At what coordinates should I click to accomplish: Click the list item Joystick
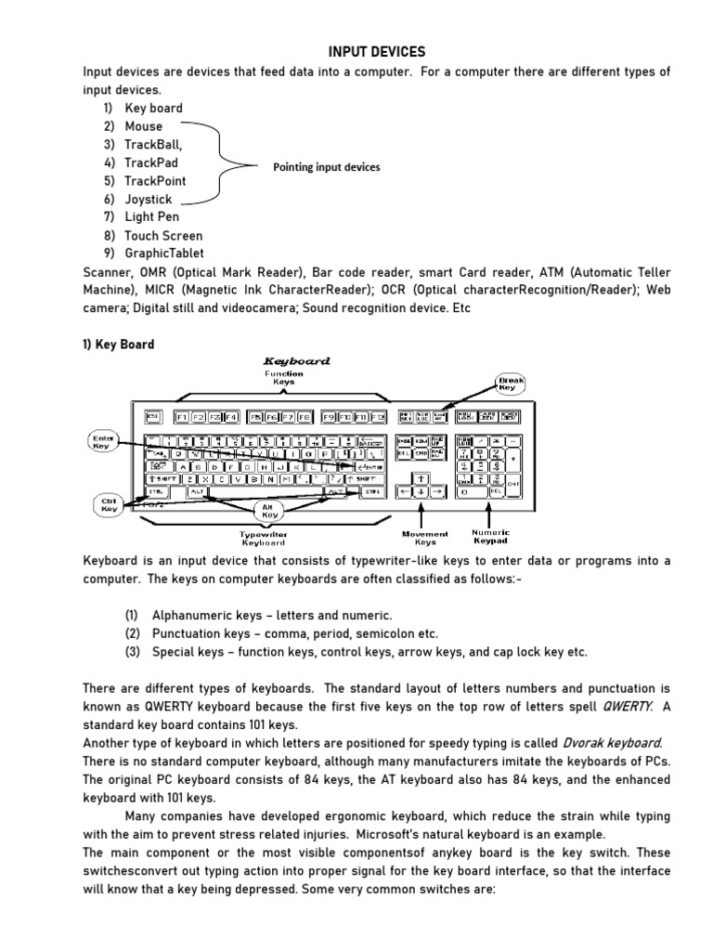(149, 199)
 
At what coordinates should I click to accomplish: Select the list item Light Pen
(152, 216)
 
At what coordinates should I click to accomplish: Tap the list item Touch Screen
(163, 235)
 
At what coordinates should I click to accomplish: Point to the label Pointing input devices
(326, 167)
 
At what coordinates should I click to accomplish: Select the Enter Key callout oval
(101, 440)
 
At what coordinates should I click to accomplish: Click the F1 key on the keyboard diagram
(181, 416)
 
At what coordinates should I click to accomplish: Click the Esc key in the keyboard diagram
(153, 416)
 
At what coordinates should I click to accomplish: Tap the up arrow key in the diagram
(422, 477)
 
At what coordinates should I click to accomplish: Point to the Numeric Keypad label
(491, 536)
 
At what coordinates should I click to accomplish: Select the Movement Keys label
(424, 538)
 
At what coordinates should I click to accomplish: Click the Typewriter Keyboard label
(263, 539)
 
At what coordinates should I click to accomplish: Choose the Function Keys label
(283, 377)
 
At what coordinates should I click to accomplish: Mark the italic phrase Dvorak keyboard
(612, 742)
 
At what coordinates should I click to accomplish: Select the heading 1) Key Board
(119, 345)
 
